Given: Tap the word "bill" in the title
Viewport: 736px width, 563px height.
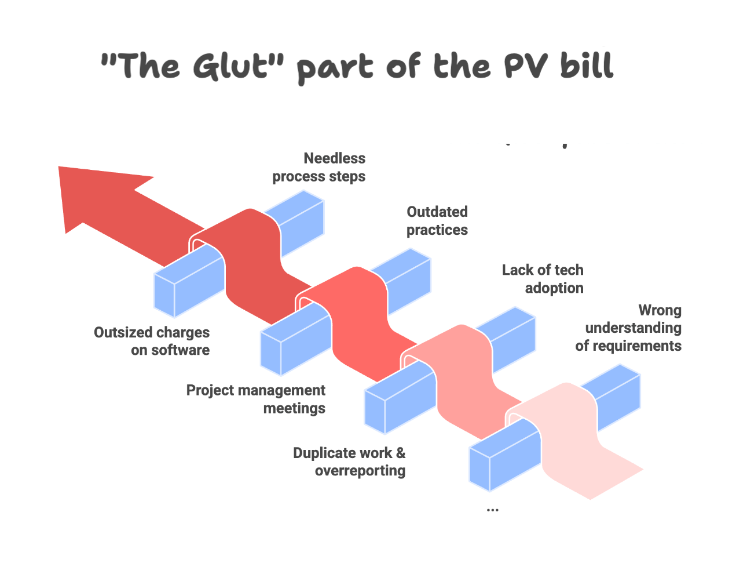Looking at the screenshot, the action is (586, 64).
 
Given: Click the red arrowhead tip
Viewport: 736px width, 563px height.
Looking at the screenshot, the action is (59, 167).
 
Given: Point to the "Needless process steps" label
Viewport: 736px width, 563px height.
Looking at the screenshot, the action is (318, 167).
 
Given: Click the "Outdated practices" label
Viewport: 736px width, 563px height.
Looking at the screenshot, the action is (437, 221).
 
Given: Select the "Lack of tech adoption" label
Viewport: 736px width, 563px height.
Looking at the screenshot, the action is (543, 279).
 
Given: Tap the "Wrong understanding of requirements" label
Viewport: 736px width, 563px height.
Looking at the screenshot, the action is (628, 328).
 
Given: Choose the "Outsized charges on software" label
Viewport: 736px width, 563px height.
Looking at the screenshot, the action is (152, 341).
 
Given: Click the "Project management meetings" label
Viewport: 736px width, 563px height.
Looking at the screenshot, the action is (255, 399).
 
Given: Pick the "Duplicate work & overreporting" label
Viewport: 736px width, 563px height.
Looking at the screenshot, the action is (349, 462).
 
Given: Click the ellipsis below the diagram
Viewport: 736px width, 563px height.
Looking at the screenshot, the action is (492, 510).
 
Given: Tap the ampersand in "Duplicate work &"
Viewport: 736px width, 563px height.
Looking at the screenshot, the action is (400, 453).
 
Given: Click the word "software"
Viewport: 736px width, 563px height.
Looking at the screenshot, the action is (181, 350).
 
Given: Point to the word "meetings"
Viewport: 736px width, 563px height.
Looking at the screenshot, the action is (294, 409).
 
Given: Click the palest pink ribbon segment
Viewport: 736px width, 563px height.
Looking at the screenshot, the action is (570, 443).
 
